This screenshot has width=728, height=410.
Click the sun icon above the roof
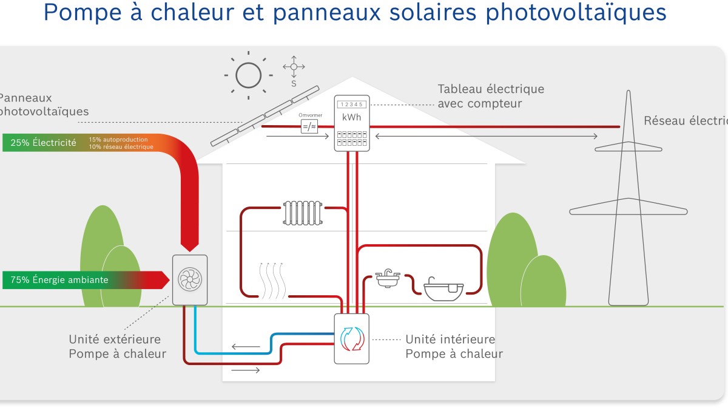(248, 76)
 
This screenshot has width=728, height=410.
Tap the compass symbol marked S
(294, 67)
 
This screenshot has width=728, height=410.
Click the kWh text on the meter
(351, 117)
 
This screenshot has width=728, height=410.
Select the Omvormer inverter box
(309, 126)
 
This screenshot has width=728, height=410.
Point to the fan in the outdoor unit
(190, 280)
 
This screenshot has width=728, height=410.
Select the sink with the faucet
(386, 279)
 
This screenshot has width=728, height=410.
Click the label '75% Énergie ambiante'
(59, 280)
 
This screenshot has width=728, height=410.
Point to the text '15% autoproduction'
(118, 140)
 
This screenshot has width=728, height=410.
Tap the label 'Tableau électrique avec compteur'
(490, 96)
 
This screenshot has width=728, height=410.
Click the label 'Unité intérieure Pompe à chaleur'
(454, 346)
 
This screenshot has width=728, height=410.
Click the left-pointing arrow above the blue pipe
(245, 347)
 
